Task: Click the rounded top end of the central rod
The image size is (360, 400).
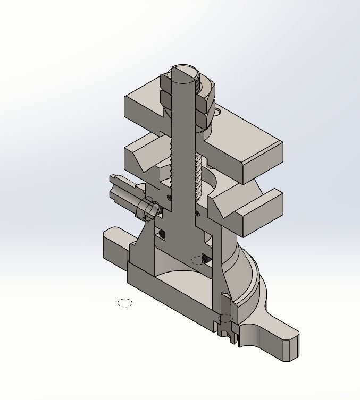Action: (x=183, y=71)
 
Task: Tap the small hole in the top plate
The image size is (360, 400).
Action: (x=219, y=112)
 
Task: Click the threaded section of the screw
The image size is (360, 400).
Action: (x=199, y=175)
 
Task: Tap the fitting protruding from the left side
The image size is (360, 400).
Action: (x=123, y=189)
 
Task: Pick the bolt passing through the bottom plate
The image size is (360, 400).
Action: (x=225, y=316)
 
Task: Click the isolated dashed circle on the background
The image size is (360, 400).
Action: (x=125, y=303)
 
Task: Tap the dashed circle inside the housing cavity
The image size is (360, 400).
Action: (x=197, y=260)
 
